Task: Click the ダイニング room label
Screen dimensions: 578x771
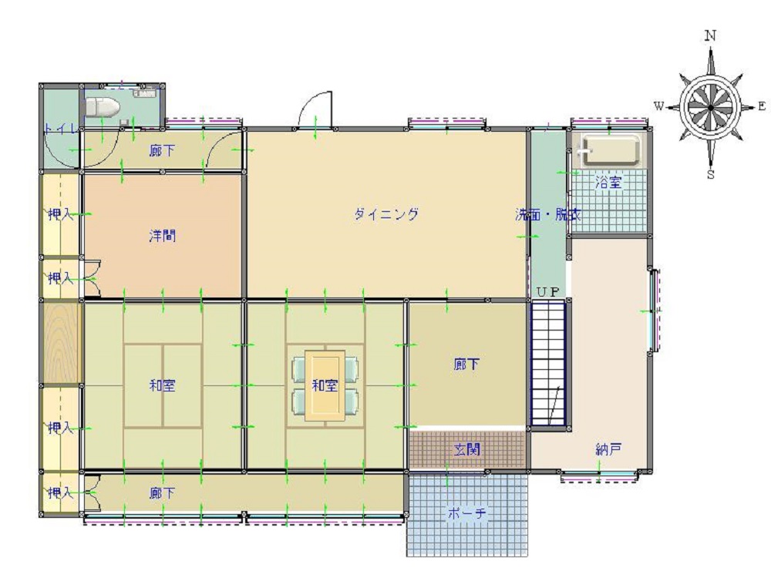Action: click(386, 214)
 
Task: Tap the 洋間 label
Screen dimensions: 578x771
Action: click(163, 236)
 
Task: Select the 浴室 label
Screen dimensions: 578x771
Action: click(608, 183)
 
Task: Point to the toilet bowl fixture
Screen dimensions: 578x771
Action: click(101, 106)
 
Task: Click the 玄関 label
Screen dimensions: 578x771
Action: click(467, 449)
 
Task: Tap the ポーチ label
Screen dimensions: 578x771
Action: click(467, 514)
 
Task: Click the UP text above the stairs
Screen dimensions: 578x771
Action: click(548, 291)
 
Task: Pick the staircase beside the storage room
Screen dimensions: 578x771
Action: click(548, 362)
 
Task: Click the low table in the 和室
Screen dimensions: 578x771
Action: click(325, 385)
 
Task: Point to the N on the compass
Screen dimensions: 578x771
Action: click(711, 35)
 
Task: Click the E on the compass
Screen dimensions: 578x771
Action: click(762, 106)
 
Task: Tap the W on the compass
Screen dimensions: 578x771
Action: click(659, 106)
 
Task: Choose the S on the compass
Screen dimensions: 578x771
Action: click(711, 174)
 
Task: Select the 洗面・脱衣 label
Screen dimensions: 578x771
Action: click(548, 215)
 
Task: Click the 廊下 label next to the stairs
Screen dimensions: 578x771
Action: click(467, 365)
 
